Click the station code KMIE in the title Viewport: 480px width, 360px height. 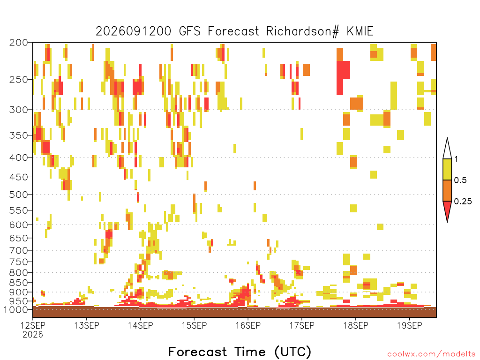[x=360, y=31]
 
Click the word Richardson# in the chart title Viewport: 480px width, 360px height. [x=303, y=31]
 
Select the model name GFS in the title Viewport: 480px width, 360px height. [x=189, y=31]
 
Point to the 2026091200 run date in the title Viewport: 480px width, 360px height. [x=134, y=31]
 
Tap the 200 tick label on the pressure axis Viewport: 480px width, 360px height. [x=18, y=43]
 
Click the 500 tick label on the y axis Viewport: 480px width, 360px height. [x=18, y=195]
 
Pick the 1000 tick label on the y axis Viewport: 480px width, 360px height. [x=15, y=309]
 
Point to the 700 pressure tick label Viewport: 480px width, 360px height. [x=18, y=250]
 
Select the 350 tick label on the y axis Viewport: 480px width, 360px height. [x=18, y=135]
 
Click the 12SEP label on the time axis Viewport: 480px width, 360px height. [x=33, y=325]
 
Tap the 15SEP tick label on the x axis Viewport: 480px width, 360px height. [x=195, y=325]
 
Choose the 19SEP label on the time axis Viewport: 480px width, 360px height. [x=410, y=325]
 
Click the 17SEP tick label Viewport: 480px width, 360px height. [x=302, y=325]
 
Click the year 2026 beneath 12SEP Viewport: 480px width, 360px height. [x=33, y=334]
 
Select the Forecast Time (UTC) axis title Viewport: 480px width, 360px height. [x=240, y=352]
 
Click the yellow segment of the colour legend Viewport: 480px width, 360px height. [x=447, y=169]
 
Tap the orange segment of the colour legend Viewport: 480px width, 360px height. [x=447, y=190]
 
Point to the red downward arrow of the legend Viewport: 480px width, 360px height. [x=447, y=210]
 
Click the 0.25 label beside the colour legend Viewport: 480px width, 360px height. [x=463, y=201]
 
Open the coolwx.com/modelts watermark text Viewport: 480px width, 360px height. [x=431, y=354]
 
